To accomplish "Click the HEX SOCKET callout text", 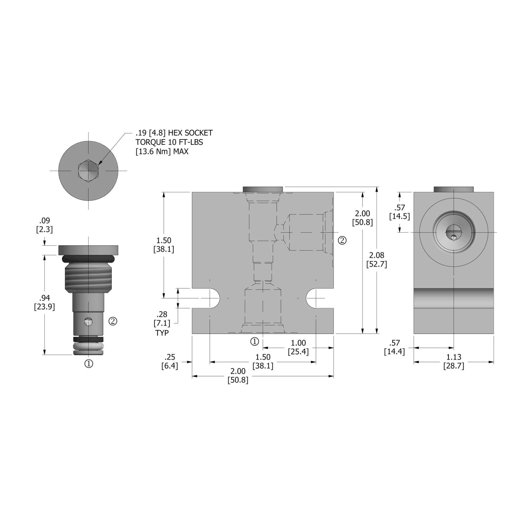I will tap(174, 142).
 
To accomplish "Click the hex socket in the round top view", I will tap(88, 170).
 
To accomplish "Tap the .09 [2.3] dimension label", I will tap(44, 225).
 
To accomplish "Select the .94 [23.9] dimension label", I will tap(44, 302).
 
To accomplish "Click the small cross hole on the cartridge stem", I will tap(88, 321).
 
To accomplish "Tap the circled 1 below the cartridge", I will tap(89, 364).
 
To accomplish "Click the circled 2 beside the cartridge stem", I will tap(113, 321).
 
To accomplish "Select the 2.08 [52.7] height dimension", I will tap(376, 260).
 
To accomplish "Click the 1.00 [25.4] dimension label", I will tap(298, 347).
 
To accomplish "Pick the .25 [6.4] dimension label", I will tap(170, 361).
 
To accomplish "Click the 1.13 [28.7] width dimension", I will tap(453, 361).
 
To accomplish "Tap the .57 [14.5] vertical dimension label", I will tap(399, 212).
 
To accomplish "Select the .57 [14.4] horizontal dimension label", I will tap(394, 347).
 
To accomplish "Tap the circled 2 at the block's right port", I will tap(342, 240).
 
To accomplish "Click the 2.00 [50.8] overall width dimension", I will tap(238, 376).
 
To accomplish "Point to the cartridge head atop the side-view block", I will tap(453, 189).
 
